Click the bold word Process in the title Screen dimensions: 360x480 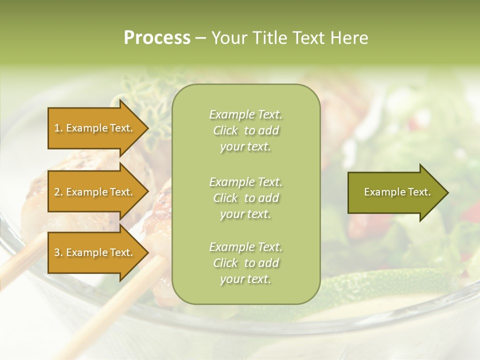coord(157,38)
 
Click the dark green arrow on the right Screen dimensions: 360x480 coord(395,192)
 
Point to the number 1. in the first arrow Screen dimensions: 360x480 coord(58,128)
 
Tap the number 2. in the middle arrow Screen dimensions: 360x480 coord(58,192)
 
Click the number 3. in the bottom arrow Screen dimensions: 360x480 coord(58,252)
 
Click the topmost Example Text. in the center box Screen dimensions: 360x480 coord(245,114)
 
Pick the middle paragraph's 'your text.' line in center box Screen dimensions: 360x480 coord(245,214)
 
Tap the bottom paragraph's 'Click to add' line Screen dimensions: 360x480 coord(245,263)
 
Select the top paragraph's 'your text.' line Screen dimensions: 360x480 coord(245,146)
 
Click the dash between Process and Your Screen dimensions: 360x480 coord(201,38)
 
